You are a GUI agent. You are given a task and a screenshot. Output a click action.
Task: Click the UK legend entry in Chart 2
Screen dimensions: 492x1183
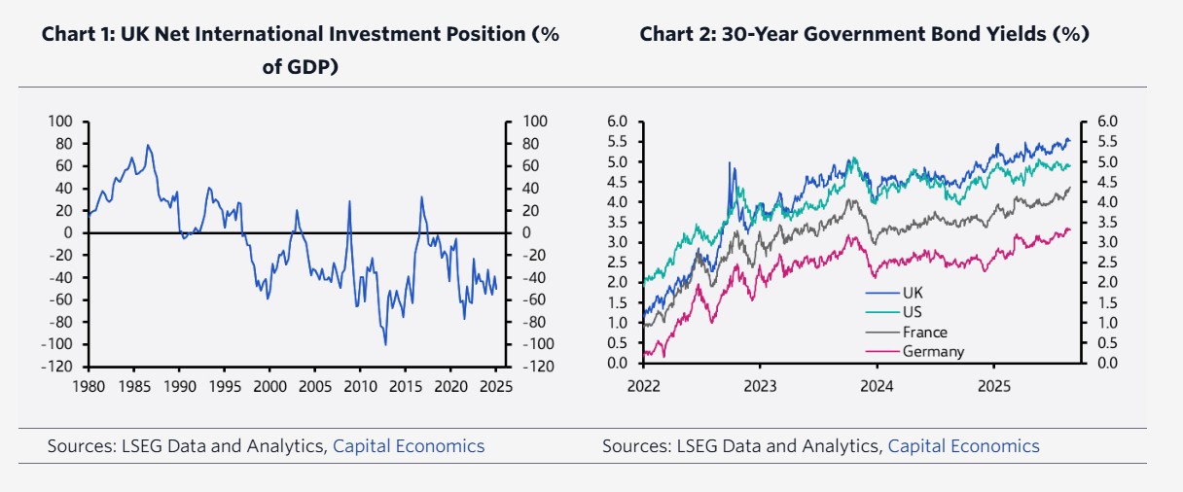tap(912, 293)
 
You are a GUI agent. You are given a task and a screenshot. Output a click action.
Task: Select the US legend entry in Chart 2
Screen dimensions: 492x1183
tap(912, 312)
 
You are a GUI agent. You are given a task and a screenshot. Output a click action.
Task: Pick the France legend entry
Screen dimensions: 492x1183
tap(923, 332)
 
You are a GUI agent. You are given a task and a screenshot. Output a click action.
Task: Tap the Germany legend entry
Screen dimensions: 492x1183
tap(933, 351)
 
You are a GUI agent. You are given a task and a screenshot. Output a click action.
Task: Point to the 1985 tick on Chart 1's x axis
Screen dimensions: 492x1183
tap(133, 385)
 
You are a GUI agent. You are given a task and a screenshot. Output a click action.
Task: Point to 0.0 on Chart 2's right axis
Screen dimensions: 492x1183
tap(1108, 364)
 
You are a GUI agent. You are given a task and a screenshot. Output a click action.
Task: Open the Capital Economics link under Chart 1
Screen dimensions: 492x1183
tap(409, 446)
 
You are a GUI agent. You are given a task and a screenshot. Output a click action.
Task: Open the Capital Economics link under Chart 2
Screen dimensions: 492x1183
tap(963, 446)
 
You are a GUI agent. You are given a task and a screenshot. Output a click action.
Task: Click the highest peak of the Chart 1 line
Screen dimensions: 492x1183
tap(148, 145)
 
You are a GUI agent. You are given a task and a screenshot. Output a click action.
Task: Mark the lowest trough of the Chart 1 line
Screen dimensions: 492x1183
tap(385, 344)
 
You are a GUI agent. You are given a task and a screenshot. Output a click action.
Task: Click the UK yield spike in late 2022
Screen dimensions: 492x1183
tap(730, 163)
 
